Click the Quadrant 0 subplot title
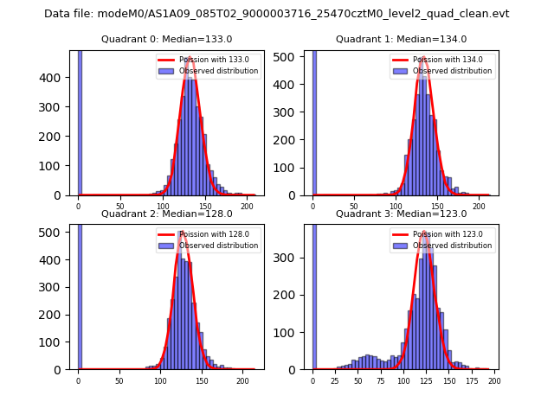(167, 39)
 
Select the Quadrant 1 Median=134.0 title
(402, 39)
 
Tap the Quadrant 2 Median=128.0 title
(167, 214)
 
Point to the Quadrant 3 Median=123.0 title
(402, 214)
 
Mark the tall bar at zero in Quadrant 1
(313, 121)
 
